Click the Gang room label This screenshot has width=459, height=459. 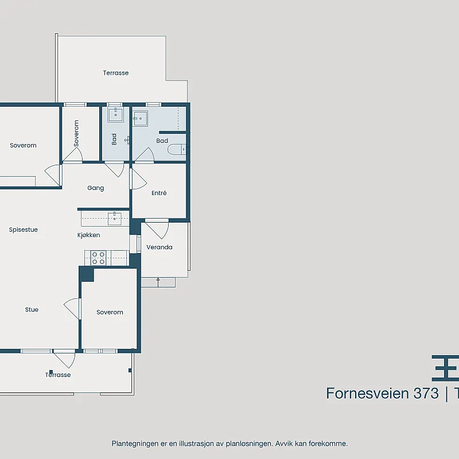pyautogui.click(x=95, y=188)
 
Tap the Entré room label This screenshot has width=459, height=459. pyautogui.click(x=159, y=193)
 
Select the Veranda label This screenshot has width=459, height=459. pyautogui.click(x=160, y=247)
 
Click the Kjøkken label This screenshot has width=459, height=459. pyautogui.click(x=89, y=235)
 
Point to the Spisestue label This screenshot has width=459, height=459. pyautogui.click(x=24, y=230)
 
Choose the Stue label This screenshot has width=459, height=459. pyautogui.click(x=32, y=309)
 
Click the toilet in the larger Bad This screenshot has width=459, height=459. pyautogui.click(x=177, y=150)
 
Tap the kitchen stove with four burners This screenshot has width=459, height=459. pyautogui.click(x=98, y=258)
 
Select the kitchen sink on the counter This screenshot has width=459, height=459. pyautogui.click(x=115, y=219)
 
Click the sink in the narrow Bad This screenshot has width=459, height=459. pyautogui.click(x=116, y=114)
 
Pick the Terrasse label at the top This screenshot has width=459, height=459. pyautogui.click(x=116, y=73)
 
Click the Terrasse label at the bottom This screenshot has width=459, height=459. pyautogui.click(x=58, y=375)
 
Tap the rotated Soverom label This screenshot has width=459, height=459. pyautogui.click(x=76, y=133)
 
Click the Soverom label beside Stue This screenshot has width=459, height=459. pyautogui.click(x=110, y=312)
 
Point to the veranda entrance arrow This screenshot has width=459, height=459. pyautogui.click(x=158, y=282)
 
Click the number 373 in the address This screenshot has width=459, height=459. pyautogui.click(x=426, y=393)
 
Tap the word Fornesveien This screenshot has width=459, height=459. pyautogui.click(x=367, y=393)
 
